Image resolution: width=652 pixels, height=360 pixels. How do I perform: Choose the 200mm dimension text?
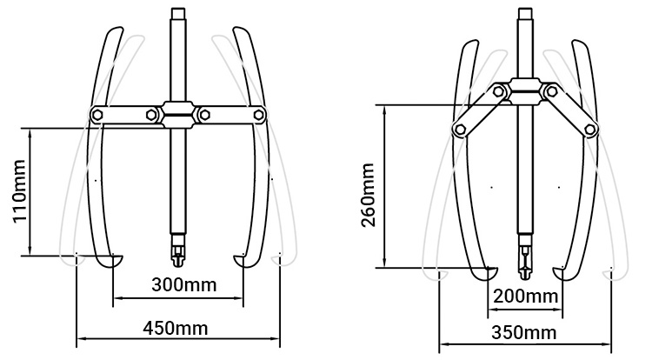(524, 296)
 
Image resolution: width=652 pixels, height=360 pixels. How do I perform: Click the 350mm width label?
(524, 332)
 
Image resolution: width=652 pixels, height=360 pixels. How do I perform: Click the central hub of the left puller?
(178, 113)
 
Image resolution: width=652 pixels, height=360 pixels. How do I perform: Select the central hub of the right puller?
(524, 87)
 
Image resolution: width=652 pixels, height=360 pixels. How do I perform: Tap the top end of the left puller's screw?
(178, 12)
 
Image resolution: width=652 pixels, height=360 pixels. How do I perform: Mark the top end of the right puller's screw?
(524, 12)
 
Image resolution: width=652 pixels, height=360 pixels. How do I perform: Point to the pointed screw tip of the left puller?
(178, 261)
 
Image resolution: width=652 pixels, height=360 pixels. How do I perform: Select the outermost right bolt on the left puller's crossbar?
(258, 114)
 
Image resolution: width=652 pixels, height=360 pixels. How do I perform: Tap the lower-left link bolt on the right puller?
(457, 129)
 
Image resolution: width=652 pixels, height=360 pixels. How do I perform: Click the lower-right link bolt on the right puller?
(591, 130)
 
